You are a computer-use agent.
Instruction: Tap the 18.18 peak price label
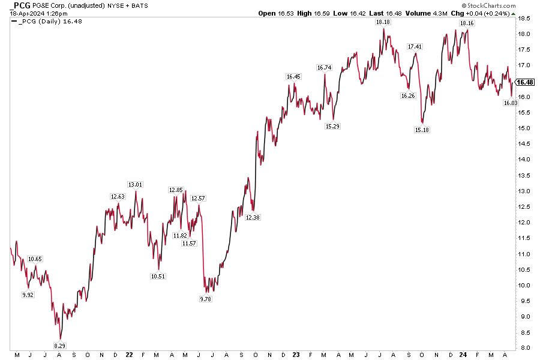382,22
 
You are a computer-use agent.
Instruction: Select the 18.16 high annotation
466,23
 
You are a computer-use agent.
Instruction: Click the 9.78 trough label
206,298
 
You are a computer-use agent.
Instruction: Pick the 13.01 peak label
135,185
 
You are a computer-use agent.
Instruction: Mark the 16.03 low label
510,103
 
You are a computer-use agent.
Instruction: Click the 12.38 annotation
253,218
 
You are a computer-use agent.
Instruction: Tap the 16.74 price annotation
325,68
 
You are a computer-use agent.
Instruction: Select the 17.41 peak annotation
414,46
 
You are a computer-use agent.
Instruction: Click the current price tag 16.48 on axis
525,82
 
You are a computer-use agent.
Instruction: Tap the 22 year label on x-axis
129,355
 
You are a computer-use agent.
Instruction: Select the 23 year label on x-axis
296,355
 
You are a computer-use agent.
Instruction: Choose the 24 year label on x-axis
463,355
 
